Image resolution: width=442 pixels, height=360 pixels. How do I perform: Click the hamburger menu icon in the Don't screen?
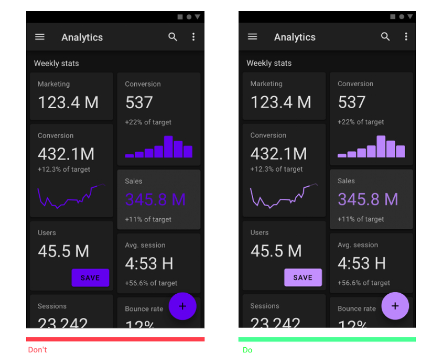pyautogui.click(x=40, y=37)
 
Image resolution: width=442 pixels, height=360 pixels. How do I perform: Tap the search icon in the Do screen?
pyautogui.click(x=386, y=37)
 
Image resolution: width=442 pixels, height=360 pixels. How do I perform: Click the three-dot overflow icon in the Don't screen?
pyautogui.click(x=193, y=37)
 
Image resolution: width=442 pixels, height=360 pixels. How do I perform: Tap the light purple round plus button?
pyautogui.click(x=395, y=306)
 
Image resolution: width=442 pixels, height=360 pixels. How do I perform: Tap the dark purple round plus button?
pyautogui.click(x=182, y=306)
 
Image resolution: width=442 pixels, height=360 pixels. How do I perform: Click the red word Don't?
pyautogui.click(x=38, y=350)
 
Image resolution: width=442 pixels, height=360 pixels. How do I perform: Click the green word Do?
pyautogui.click(x=247, y=350)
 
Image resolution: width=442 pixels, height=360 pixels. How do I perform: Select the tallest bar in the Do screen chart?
pyautogui.click(x=381, y=146)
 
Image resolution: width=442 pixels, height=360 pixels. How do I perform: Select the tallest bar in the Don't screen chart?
pyautogui.click(x=169, y=146)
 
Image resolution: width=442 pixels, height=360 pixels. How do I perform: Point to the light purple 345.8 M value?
pyautogui.click(x=368, y=199)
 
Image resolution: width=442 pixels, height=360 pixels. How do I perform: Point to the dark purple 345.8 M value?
pyautogui.click(x=155, y=199)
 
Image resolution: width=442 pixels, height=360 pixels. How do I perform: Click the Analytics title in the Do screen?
pyautogui.click(x=294, y=37)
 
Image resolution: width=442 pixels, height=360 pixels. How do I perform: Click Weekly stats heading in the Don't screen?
pyautogui.click(x=56, y=63)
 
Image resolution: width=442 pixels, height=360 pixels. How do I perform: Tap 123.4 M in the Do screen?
pyautogui.click(x=281, y=102)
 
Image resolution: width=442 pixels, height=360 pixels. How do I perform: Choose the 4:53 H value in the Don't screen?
pyautogui.click(x=149, y=263)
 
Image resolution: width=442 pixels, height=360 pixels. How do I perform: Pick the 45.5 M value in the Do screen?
pyautogui.click(x=276, y=251)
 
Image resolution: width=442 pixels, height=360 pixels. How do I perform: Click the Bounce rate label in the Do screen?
pyautogui.click(x=356, y=309)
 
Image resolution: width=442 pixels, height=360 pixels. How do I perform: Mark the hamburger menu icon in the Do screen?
pyautogui.click(x=252, y=37)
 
